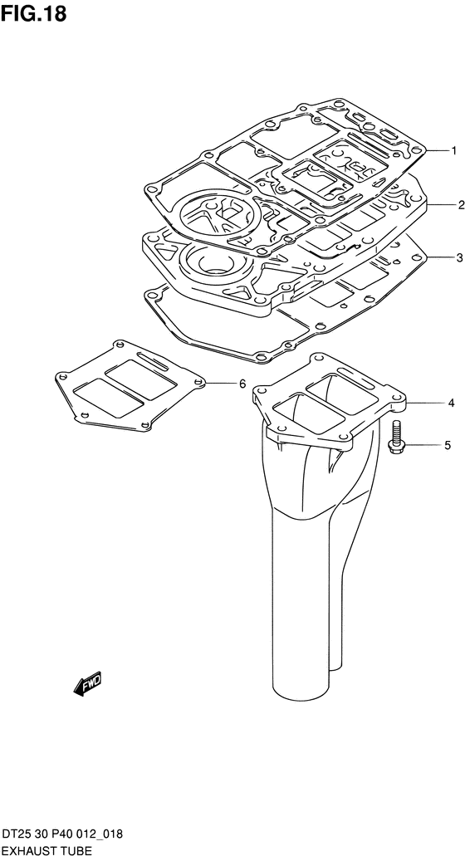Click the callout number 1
pyautogui.click(x=453, y=150)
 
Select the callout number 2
pyautogui.click(x=461, y=205)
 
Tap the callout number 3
pyautogui.click(x=459, y=258)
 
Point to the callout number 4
pyautogui.click(x=451, y=403)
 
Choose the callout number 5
pyautogui.click(x=448, y=445)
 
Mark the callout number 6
pyautogui.click(x=242, y=384)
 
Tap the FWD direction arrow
pyautogui.click(x=88, y=683)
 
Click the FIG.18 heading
pyautogui.click(x=33, y=13)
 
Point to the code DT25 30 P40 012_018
pyautogui.click(x=62, y=835)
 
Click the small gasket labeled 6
pyautogui.click(x=130, y=385)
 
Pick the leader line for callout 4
pyautogui.click(x=424, y=403)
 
